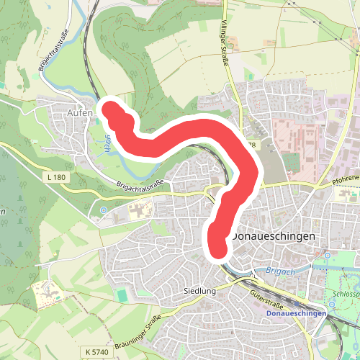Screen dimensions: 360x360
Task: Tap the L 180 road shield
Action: pyautogui.click(x=54, y=176)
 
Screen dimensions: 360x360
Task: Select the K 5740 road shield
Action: pyautogui.click(x=96, y=351)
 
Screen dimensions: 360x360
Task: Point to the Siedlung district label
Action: pyautogui.click(x=199, y=292)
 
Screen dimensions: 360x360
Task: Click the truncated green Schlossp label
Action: pyautogui.click(x=346, y=294)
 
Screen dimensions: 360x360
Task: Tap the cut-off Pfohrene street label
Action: pyautogui.click(x=345, y=177)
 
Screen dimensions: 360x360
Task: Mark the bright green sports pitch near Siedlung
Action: pyautogui.click(x=122, y=295)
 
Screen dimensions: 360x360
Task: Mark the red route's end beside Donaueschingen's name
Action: pyautogui.click(x=218, y=249)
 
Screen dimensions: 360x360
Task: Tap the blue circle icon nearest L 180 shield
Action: pyautogui.click(x=104, y=210)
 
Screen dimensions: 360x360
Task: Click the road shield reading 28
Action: pyautogui.click(x=251, y=145)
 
